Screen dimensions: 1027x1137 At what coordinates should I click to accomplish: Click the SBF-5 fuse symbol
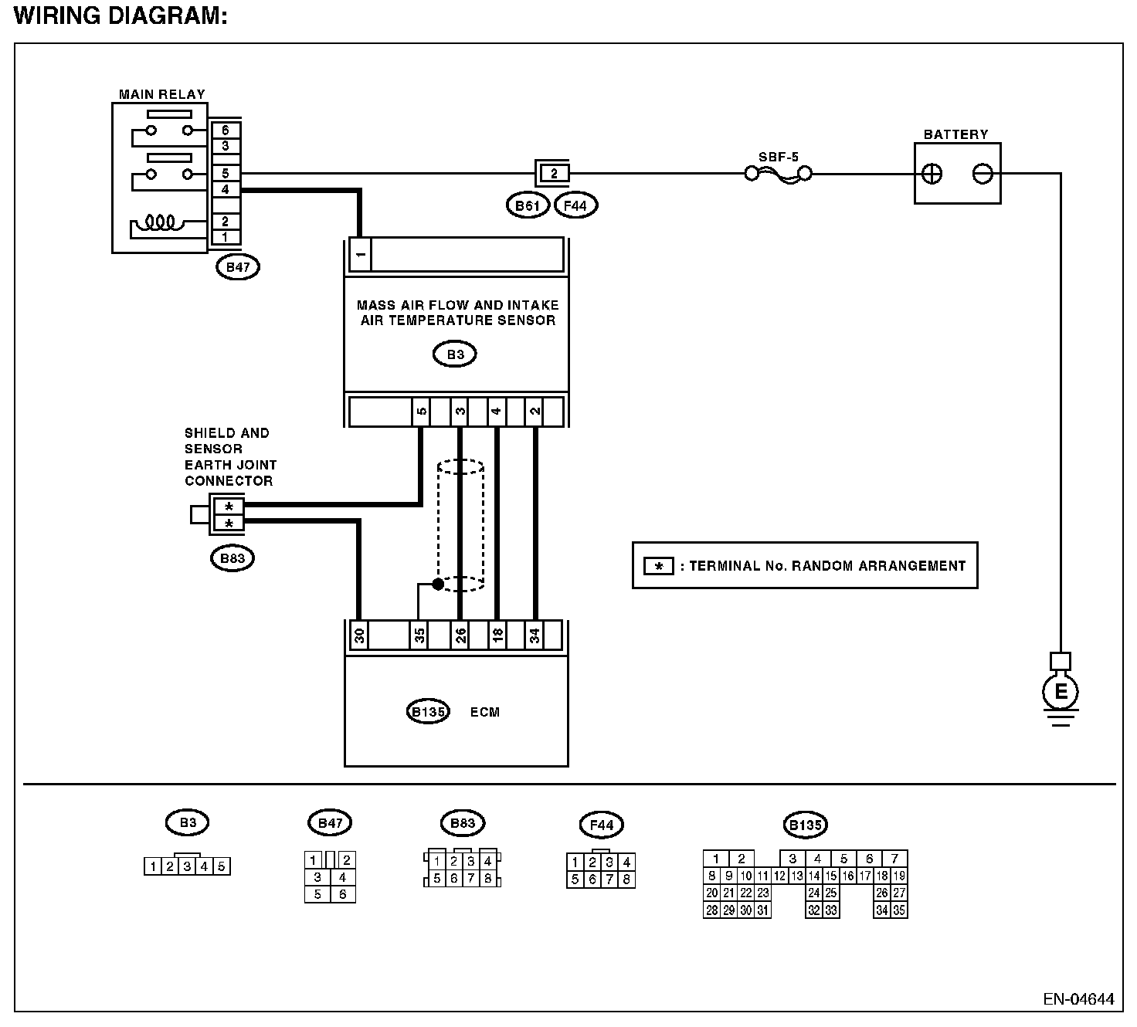[778, 175]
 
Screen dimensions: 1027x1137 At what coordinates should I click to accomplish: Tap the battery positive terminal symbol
[932, 174]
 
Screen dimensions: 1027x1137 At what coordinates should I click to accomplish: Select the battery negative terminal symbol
[982, 174]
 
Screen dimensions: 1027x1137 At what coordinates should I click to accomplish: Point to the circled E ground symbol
[1061, 691]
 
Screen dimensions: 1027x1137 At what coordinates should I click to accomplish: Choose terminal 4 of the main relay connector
[225, 190]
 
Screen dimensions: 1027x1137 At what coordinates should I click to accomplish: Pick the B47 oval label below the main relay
[238, 267]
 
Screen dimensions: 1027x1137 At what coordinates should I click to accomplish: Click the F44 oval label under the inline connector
[576, 205]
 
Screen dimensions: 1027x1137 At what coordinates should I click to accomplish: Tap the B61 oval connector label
[528, 205]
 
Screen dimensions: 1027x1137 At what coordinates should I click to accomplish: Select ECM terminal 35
[419, 636]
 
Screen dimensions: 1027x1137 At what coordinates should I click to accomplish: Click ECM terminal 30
[358, 636]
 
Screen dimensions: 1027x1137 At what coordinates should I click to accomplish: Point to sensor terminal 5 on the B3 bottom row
[420, 411]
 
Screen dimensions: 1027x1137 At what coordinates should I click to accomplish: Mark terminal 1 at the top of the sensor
[360, 254]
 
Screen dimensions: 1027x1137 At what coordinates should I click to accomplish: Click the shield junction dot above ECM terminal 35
[438, 584]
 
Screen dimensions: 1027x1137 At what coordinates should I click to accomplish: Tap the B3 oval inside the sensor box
[455, 354]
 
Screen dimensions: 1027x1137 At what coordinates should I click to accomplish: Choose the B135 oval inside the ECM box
[427, 712]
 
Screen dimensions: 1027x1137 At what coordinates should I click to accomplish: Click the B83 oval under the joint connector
[232, 558]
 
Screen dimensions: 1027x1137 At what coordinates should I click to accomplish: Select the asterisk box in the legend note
[659, 566]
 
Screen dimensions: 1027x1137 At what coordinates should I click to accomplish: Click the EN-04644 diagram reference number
[1078, 999]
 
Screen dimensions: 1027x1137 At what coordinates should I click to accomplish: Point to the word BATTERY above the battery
[955, 134]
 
